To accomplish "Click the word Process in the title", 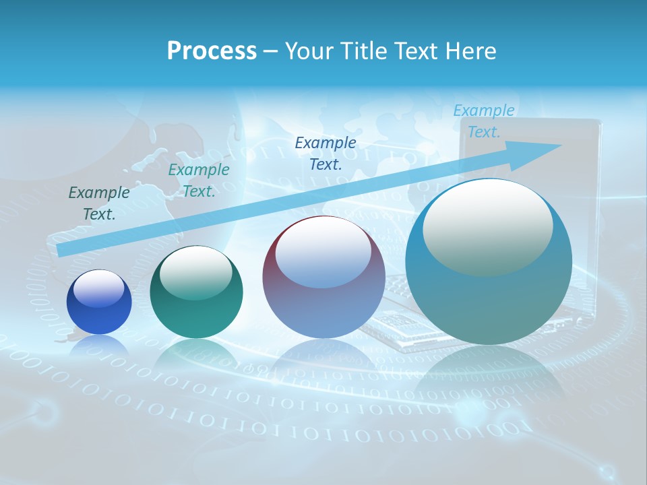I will [x=212, y=51].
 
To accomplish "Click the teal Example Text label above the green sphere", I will [x=198, y=181].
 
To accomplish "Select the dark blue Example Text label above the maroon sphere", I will [x=326, y=153].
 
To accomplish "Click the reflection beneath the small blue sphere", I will [x=99, y=347].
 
